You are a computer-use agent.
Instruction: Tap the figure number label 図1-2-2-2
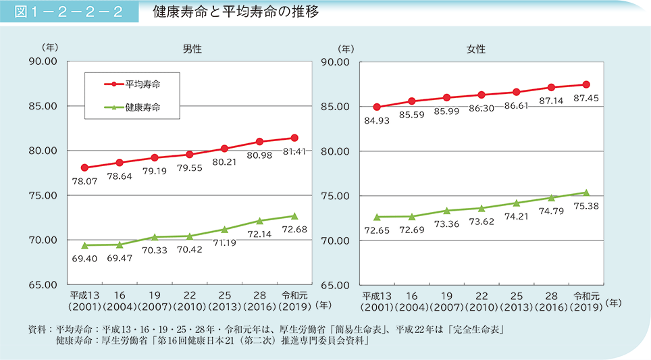pos(69,12)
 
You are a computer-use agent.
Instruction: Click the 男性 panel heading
pos(192,49)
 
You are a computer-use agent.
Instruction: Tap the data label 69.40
pos(84,259)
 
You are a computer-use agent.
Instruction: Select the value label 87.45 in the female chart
pos(585,99)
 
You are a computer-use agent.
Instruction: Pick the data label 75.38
pos(585,207)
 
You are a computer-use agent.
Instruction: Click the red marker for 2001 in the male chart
pos(84,168)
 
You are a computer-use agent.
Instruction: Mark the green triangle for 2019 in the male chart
pos(294,215)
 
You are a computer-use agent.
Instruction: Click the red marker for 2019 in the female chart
pos(586,84)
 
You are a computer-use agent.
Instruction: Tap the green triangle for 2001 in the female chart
pos(377,217)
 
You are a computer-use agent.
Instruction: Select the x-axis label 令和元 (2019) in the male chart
pos(294,301)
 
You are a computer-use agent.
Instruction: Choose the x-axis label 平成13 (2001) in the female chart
pos(376,301)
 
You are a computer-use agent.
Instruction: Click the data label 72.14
pos(259,234)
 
